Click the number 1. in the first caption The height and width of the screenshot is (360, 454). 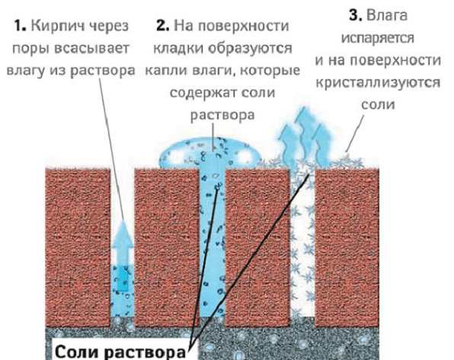[20, 26]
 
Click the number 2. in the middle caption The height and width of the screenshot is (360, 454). [163, 26]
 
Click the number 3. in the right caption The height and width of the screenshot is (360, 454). [356, 15]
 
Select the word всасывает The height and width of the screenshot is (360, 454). [91, 49]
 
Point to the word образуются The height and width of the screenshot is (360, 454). [250, 48]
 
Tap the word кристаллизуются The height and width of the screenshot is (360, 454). [378, 83]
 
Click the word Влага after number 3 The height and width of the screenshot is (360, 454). [387, 15]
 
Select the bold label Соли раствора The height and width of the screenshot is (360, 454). [120, 352]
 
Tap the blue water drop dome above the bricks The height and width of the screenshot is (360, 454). [210, 154]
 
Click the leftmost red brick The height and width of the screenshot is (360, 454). [78, 247]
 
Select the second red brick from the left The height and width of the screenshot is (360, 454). [167, 247]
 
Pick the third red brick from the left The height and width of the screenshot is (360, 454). [257, 247]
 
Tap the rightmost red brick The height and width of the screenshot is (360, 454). [347, 247]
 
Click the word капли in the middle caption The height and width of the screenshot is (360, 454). [165, 71]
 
